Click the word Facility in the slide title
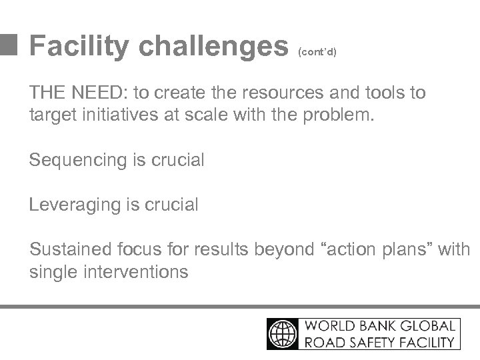[x=79, y=47]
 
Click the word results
[x=222, y=249]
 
